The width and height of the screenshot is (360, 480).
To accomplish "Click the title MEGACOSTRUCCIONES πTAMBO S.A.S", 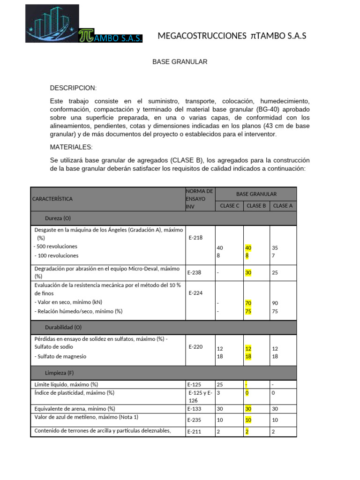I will click(232, 36).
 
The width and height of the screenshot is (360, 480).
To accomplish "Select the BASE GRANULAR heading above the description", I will click(180, 62).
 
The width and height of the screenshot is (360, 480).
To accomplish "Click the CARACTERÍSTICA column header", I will click(52, 199).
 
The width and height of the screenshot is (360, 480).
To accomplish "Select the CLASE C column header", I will click(229, 205).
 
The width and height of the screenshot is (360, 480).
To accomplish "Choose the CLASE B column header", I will click(256, 205).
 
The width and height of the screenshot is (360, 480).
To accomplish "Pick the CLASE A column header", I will click(283, 205).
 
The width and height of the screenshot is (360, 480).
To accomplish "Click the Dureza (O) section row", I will click(58, 218).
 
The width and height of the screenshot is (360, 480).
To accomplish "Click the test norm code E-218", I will click(195, 238).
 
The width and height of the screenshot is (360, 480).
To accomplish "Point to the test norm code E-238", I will click(195, 272).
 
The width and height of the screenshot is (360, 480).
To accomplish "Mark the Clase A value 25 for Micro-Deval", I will click(275, 272).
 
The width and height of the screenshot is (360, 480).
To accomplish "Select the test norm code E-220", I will click(195, 347).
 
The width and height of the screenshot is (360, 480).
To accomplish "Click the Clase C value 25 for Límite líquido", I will click(220, 384).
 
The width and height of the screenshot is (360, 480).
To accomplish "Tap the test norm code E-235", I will click(195, 420).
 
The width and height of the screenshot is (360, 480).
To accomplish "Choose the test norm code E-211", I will click(195, 432).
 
